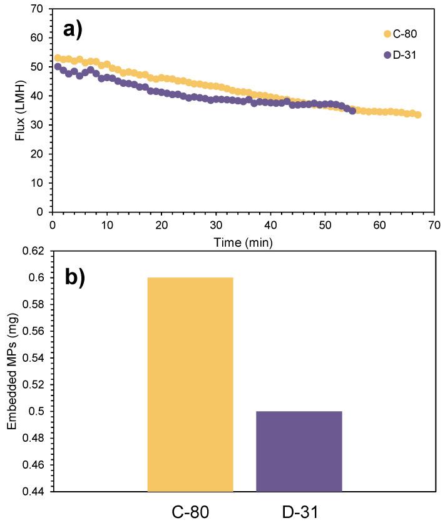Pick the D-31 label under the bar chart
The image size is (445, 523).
(299, 511)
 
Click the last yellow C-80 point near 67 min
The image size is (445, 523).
(417, 114)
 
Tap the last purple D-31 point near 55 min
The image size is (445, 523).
(352, 111)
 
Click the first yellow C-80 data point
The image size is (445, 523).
(58, 58)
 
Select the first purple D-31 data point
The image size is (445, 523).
(58, 66)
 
